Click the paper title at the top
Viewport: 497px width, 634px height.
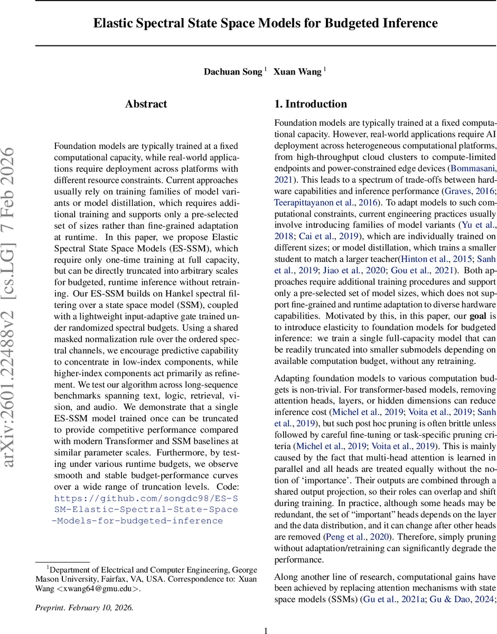pyautogui.click(x=266, y=23)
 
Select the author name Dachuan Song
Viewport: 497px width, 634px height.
pyautogui.click(x=233, y=72)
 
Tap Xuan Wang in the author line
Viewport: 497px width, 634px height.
pyautogui.click(x=297, y=72)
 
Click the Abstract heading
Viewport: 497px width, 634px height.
pyautogui.click(x=146, y=104)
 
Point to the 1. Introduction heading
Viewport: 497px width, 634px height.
pyautogui.click(x=311, y=104)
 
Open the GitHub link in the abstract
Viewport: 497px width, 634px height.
pyautogui.click(x=146, y=509)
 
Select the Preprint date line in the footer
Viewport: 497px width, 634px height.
pyautogui.click(x=85, y=608)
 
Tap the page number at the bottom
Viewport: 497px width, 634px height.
pyautogui.click(x=266, y=630)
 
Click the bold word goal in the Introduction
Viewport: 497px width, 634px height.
pyautogui.click(x=475, y=316)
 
